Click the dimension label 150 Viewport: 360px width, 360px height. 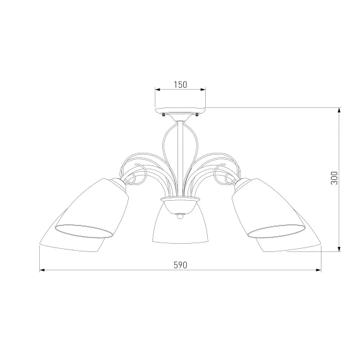180,85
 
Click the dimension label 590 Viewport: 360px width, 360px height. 180,265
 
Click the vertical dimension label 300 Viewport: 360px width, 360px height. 334,177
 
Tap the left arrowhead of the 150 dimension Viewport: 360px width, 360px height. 157,90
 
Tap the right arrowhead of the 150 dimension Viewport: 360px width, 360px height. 203,90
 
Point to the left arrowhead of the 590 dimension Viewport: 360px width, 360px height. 42,270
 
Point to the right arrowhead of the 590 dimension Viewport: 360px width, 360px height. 318,270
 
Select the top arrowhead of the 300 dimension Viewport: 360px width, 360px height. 339,110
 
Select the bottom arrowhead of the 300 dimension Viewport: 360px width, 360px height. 339,249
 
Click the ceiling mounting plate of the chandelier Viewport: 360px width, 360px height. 180,111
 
